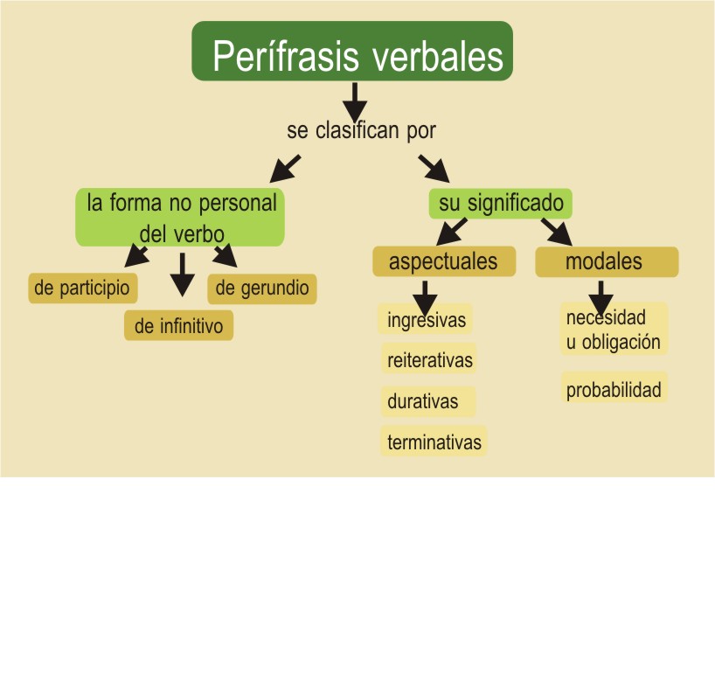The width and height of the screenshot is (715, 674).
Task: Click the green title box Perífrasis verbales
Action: click(x=352, y=51)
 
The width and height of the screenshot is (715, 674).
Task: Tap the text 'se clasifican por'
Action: click(x=361, y=131)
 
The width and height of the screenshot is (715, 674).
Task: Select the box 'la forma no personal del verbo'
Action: click(x=181, y=217)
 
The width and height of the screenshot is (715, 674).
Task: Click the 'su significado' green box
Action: click(x=501, y=204)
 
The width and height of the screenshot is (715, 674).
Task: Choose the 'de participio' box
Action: click(x=82, y=288)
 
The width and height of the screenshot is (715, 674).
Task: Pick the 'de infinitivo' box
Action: click(x=178, y=326)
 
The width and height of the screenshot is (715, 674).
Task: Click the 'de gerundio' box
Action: click(x=262, y=288)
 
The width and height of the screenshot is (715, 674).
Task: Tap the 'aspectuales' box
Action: click(x=443, y=261)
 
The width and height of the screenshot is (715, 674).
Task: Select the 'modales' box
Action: click(x=606, y=261)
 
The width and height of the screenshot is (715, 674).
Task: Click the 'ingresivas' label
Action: click(x=427, y=320)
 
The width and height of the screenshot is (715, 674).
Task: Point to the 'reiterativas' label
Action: click(x=429, y=359)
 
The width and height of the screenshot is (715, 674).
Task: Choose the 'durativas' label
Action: click(x=423, y=402)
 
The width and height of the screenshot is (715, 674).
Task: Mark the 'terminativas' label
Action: click(x=434, y=442)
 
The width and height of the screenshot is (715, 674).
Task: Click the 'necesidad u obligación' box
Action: click(x=613, y=330)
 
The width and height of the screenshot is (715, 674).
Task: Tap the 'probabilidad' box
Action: click(x=614, y=390)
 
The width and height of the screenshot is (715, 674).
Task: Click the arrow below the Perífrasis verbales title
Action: click(x=353, y=101)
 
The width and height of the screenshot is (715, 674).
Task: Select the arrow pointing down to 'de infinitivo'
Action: click(x=182, y=274)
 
